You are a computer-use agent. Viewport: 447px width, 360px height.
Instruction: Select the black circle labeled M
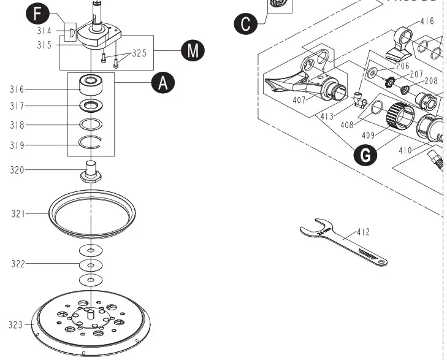point(193,50)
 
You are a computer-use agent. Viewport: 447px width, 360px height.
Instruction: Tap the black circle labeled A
point(162,82)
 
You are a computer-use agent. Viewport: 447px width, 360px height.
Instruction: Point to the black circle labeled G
point(365,155)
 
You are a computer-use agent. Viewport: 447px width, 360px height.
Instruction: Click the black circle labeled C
point(245,24)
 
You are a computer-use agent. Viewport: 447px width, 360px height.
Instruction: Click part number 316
point(17,90)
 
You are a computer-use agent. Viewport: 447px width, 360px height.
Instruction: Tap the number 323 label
point(15,324)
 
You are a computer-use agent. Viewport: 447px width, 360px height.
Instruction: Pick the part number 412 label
point(363,232)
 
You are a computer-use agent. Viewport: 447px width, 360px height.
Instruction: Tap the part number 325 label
point(139,53)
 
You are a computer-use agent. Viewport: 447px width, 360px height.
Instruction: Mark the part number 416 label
point(427,21)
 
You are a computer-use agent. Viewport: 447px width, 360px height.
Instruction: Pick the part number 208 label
point(431,80)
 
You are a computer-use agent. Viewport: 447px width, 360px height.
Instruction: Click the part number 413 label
point(326,115)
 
